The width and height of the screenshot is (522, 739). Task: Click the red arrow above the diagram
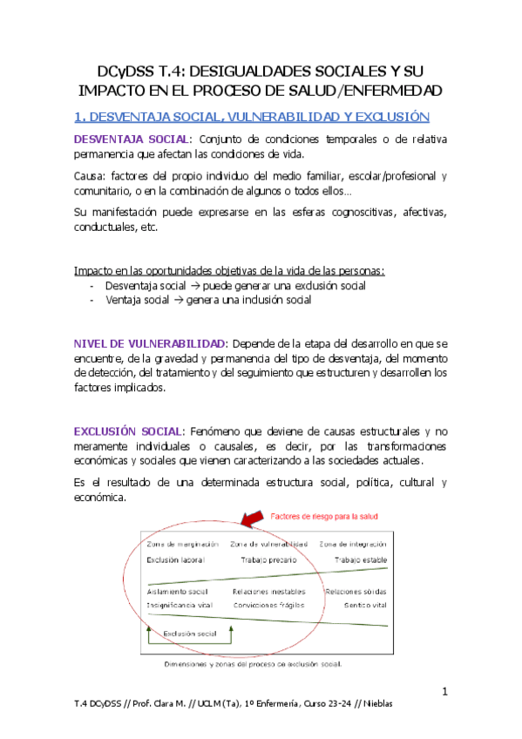(x=252, y=521)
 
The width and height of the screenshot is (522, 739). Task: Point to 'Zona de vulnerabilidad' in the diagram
(x=269, y=545)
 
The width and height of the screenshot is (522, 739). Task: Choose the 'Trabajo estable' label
(x=360, y=559)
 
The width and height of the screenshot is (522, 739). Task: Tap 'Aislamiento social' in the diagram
(x=178, y=592)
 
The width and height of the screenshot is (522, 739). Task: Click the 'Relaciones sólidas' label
(x=356, y=592)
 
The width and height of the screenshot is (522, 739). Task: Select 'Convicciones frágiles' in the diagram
(x=268, y=604)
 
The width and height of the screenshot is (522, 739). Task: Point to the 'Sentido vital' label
(x=365, y=604)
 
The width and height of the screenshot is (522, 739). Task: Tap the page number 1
(x=444, y=693)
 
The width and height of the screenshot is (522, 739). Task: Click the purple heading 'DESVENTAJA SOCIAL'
(x=131, y=139)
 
